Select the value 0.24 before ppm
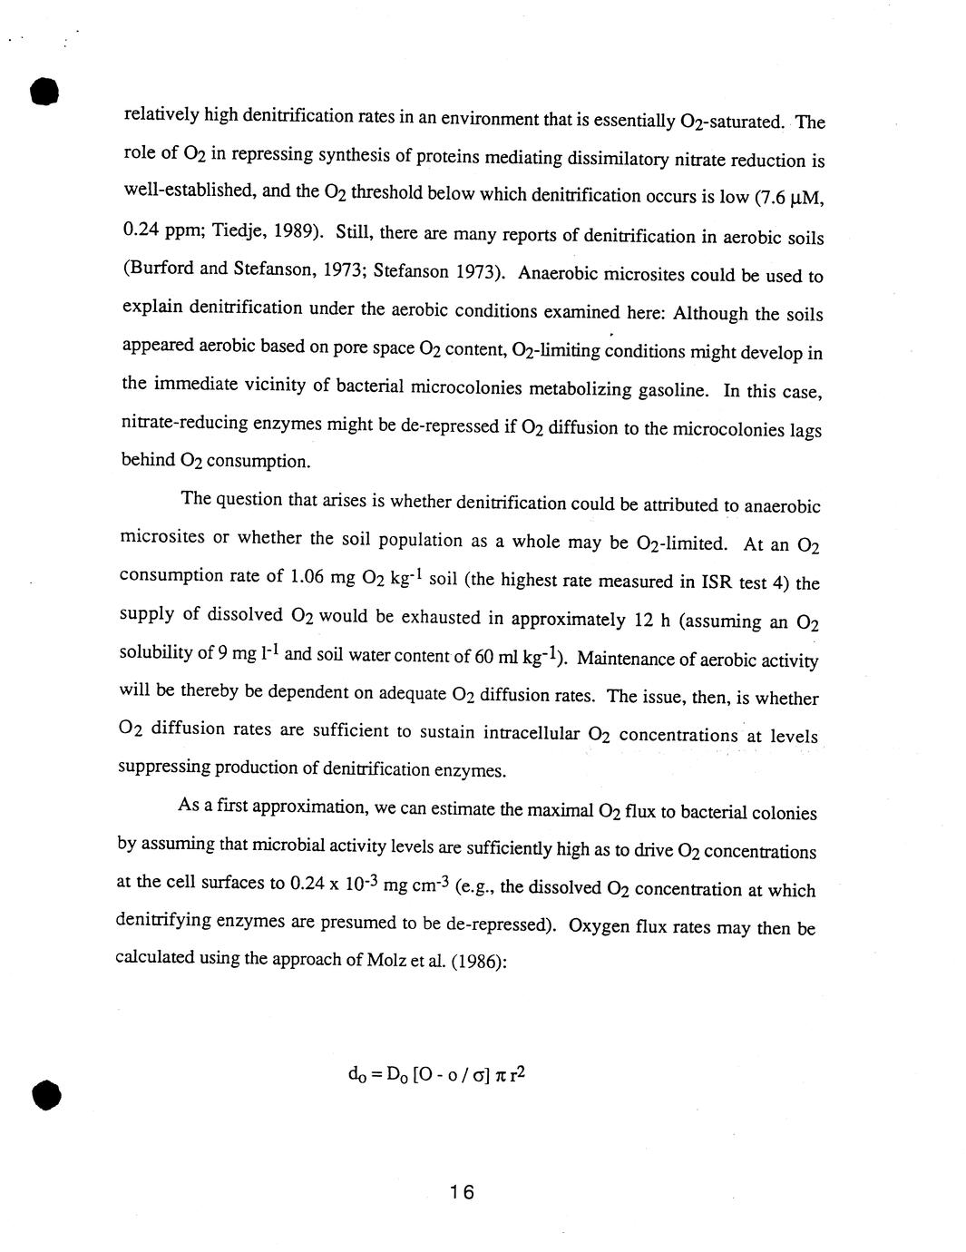[141, 230]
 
